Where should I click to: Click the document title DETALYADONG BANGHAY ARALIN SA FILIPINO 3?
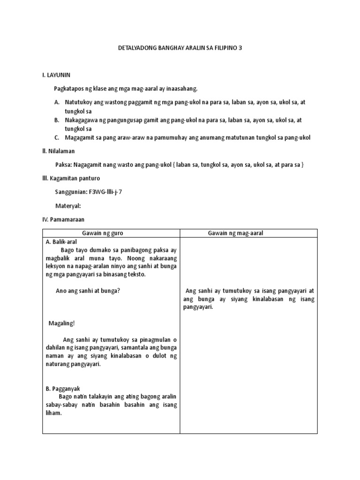[180, 48]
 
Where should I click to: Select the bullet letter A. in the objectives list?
[57, 102]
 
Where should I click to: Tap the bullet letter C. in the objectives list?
[57, 138]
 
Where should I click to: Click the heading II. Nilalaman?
[59, 151]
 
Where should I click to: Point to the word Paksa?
[64, 165]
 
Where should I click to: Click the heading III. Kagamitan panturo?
[71, 179]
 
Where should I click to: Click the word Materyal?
[68, 206]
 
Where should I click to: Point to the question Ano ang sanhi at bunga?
[88, 291]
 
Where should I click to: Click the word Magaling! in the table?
[61, 323]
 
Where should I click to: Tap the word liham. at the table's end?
[54, 414]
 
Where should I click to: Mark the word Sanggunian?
[70, 192]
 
